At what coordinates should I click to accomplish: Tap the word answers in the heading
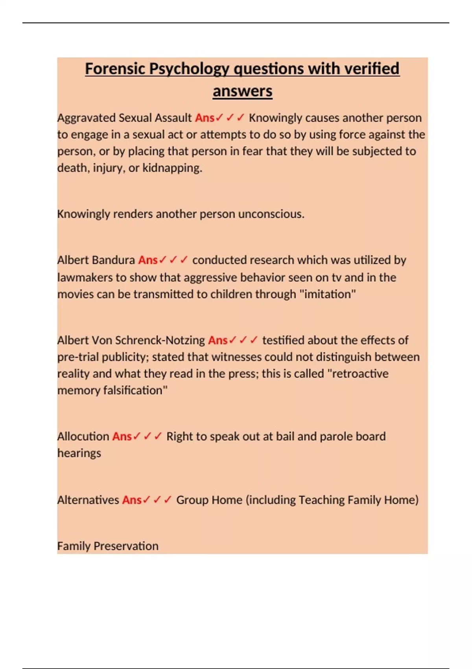[x=242, y=91]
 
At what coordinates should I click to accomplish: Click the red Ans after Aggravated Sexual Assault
[x=205, y=118]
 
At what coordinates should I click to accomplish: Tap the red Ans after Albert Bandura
[x=147, y=260]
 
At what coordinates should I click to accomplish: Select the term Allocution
[x=83, y=436]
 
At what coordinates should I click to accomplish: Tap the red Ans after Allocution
[x=122, y=436]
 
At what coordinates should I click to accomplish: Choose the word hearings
[x=79, y=453]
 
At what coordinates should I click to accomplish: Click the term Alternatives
[x=88, y=500]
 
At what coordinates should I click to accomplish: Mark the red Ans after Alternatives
[x=131, y=500]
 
